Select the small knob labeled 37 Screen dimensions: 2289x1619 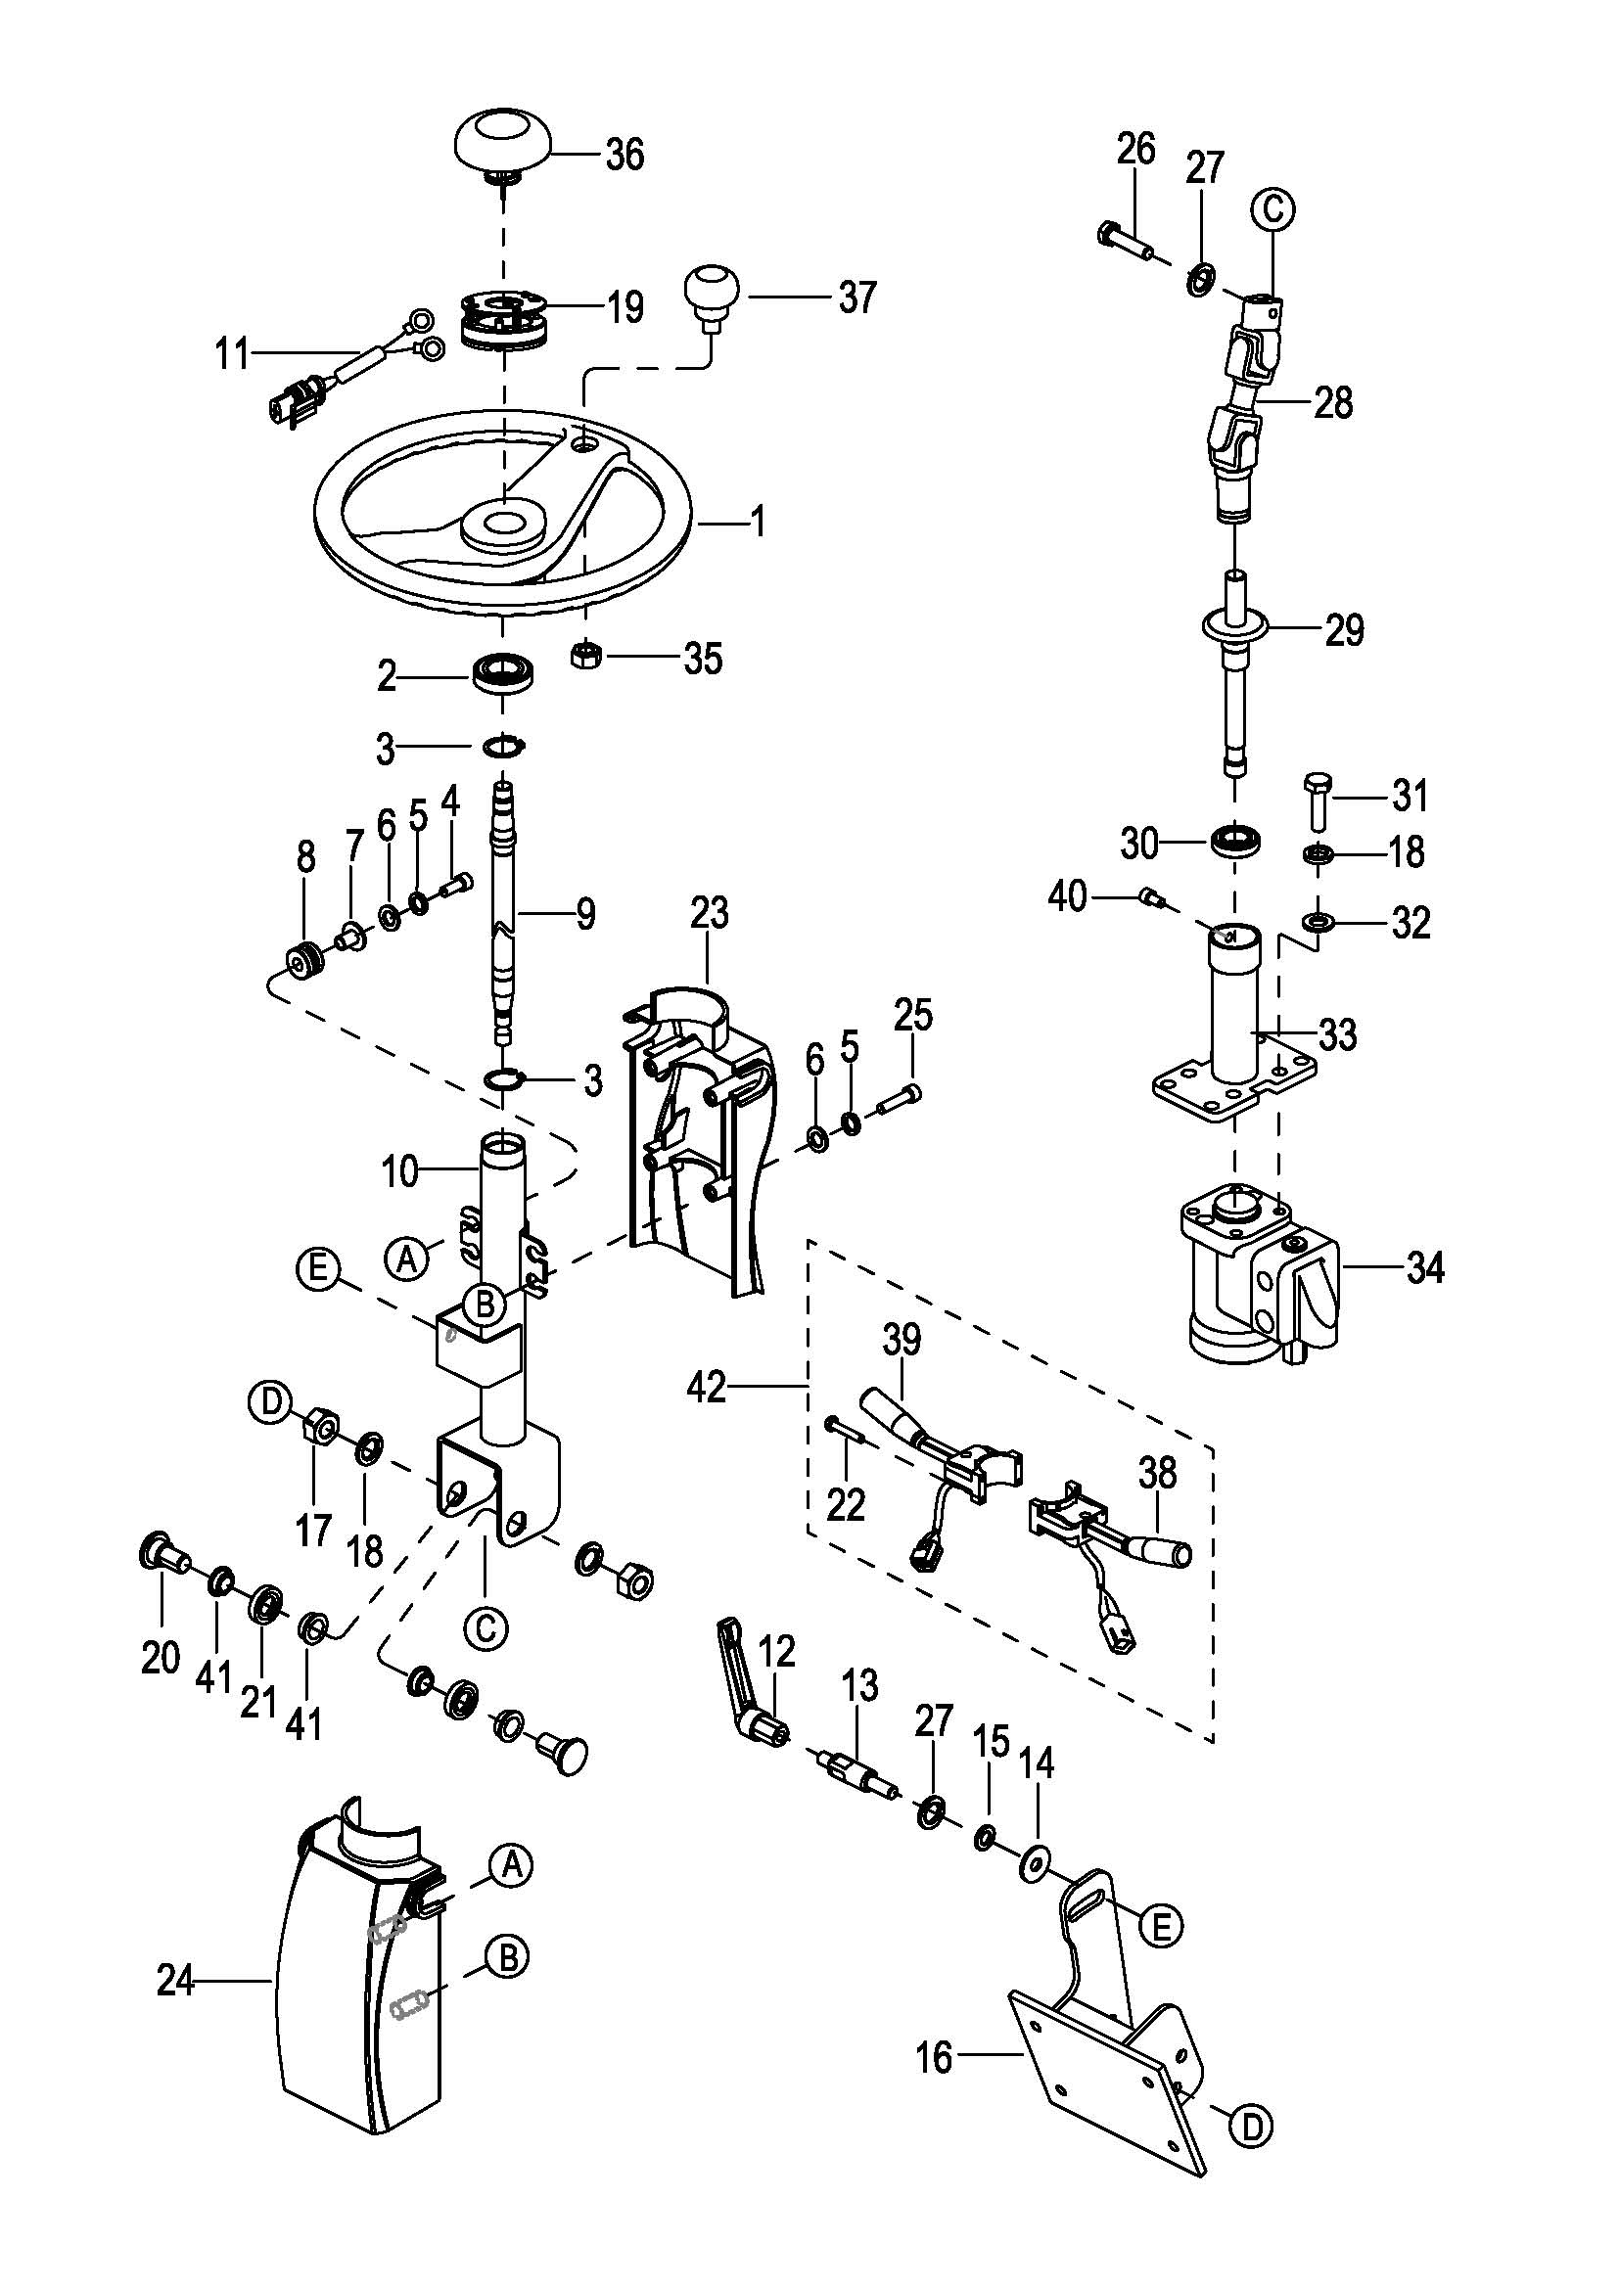(712, 290)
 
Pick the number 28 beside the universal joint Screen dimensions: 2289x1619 (1333, 403)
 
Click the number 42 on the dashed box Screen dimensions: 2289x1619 (707, 1387)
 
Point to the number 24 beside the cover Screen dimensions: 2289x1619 (175, 1980)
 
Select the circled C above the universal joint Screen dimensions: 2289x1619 (1272, 210)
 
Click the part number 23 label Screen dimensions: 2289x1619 (709, 913)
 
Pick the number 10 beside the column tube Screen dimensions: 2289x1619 (399, 1171)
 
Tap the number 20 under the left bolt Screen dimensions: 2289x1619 (161, 1657)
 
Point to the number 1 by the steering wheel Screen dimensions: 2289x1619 (758, 521)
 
